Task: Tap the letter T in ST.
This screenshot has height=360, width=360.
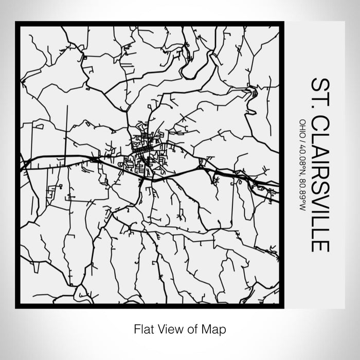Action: pos(318,93)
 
